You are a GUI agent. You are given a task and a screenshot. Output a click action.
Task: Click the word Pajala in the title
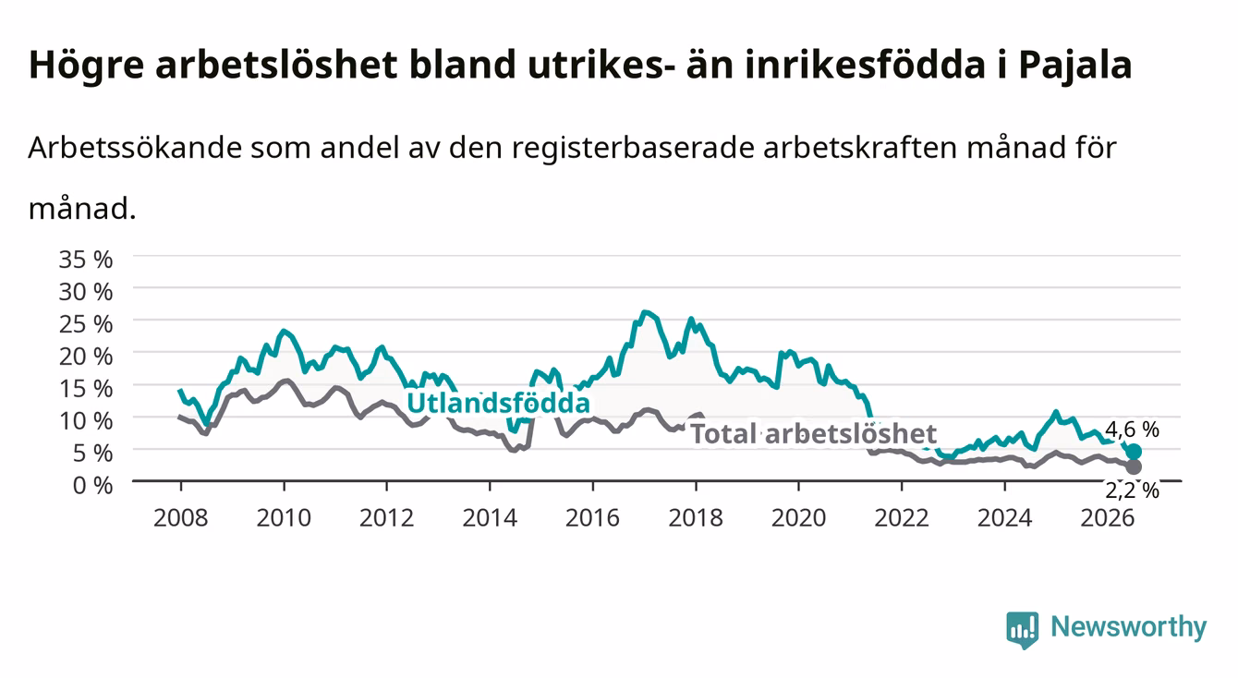tap(1075, 66)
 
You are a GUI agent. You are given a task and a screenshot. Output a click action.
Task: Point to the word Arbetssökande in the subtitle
tap(135, 148)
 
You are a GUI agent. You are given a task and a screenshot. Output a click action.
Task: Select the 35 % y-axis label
tap(86, 260)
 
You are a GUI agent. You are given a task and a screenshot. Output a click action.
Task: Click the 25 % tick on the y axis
tap(86, 324)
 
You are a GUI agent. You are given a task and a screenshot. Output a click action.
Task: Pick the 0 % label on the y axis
tap(92, 485)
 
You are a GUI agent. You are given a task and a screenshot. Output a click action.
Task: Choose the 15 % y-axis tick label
tap(86, 389)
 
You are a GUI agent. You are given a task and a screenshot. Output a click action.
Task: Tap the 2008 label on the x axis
tap(181, 518)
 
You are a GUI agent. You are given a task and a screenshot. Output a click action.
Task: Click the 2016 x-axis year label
tap(592, 518)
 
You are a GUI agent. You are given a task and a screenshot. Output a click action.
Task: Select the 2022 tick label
tap(902, 518)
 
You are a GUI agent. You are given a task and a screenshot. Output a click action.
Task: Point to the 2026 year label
tap(1108, 518)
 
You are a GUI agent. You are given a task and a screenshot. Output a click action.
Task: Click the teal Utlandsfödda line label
tap(499, 403)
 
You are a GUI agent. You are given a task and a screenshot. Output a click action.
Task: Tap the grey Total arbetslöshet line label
tap(814, 433)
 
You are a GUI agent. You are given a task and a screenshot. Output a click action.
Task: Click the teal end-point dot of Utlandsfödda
tap(1133, 452)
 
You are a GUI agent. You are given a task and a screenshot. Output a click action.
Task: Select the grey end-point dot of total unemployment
tap(1133, 466)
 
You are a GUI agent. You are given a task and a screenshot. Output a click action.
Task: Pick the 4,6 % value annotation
tap(1133, 430)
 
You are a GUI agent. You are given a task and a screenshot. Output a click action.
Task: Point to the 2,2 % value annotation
tap(1133, 490)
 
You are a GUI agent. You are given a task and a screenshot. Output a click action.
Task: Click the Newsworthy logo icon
tap(1023, 630)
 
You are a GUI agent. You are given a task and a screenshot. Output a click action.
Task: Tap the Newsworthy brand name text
tap(1129, 627)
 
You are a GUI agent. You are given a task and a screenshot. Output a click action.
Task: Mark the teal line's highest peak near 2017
tap(644, 312)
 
